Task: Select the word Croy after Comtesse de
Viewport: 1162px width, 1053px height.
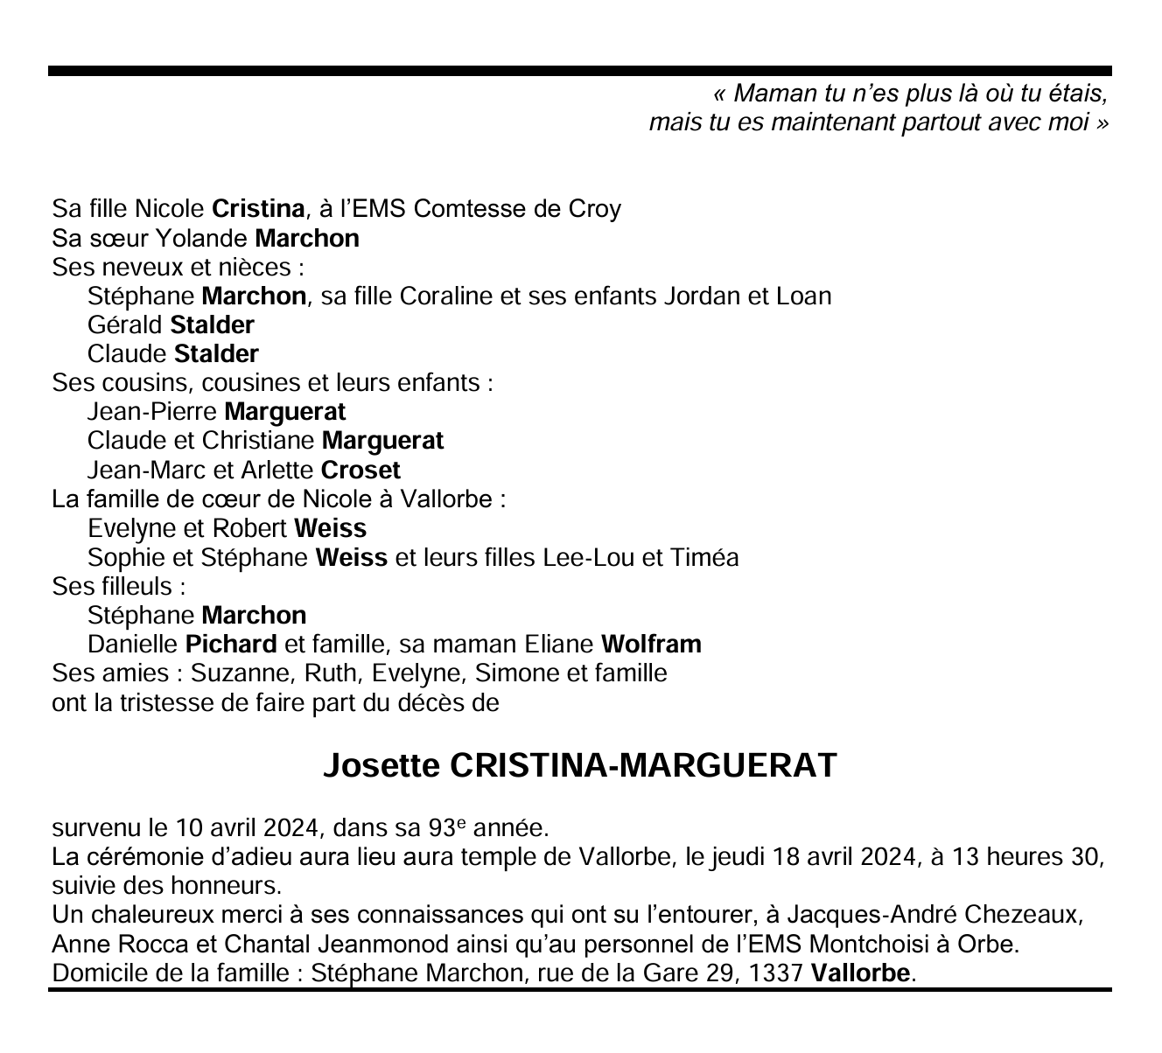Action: pos(595,209)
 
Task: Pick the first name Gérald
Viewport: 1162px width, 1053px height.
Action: pos(125,325)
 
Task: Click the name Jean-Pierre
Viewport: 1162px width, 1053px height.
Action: pos(152,412)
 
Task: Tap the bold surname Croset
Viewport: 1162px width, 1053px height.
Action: pos(360,471)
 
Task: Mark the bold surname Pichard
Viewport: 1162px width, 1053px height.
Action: pos(231,645)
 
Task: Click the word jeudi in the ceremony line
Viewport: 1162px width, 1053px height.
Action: pos(738,856)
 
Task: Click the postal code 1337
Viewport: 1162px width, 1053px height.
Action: pos(775,973)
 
